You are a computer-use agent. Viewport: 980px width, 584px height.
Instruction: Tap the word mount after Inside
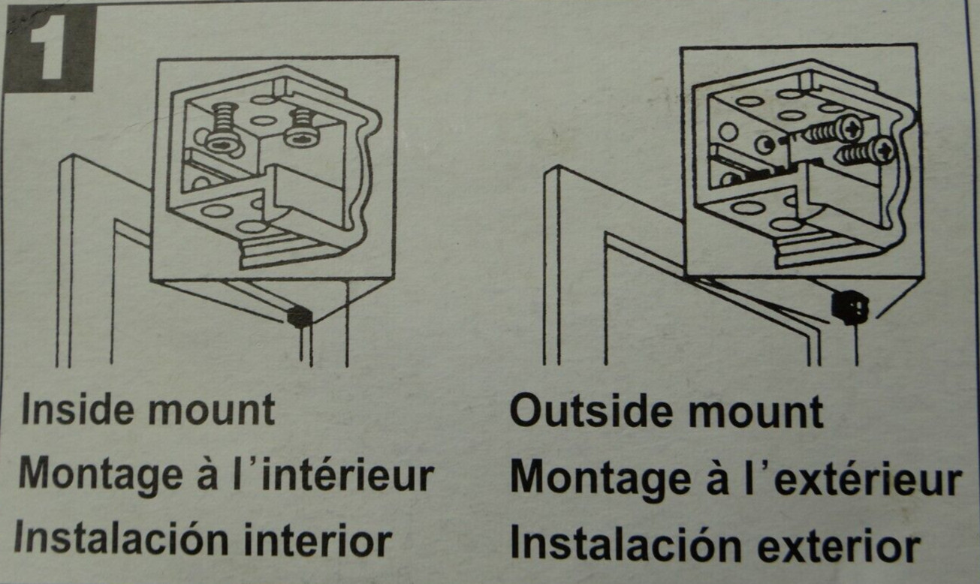[x=211, y=411]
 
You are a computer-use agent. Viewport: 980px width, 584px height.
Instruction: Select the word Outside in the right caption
[x=590, y=413]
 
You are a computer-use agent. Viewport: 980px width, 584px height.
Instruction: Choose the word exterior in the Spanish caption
[x=840, y=545]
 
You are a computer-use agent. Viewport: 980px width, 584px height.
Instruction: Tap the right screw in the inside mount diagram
[x=301, y=127]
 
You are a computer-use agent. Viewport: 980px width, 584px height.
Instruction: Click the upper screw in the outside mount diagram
[x=831, y=129]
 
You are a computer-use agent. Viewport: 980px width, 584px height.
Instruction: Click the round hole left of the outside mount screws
[x=728, y=132]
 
